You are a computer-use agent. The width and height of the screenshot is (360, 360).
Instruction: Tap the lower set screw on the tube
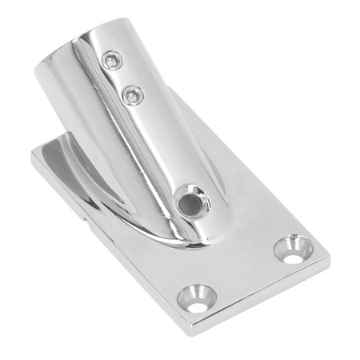[130, 95]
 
